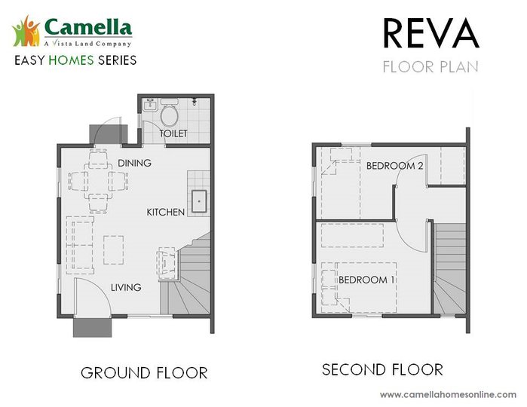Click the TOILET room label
coord(173,133)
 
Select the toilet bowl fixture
coord(170,115)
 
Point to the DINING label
coord(134,163)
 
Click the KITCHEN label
coord(166,213)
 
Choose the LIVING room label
coord(126,287)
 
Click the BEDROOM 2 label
coord(394,166)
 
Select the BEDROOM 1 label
coord(366,280)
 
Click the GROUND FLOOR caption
coord(144,372)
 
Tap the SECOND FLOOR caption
coord(382,369)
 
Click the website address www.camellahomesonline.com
coord(448,394)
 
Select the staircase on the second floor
coord(449,271)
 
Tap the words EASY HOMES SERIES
coord(75,60)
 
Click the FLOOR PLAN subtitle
coord(430,66)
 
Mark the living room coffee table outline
coord(113,250)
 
